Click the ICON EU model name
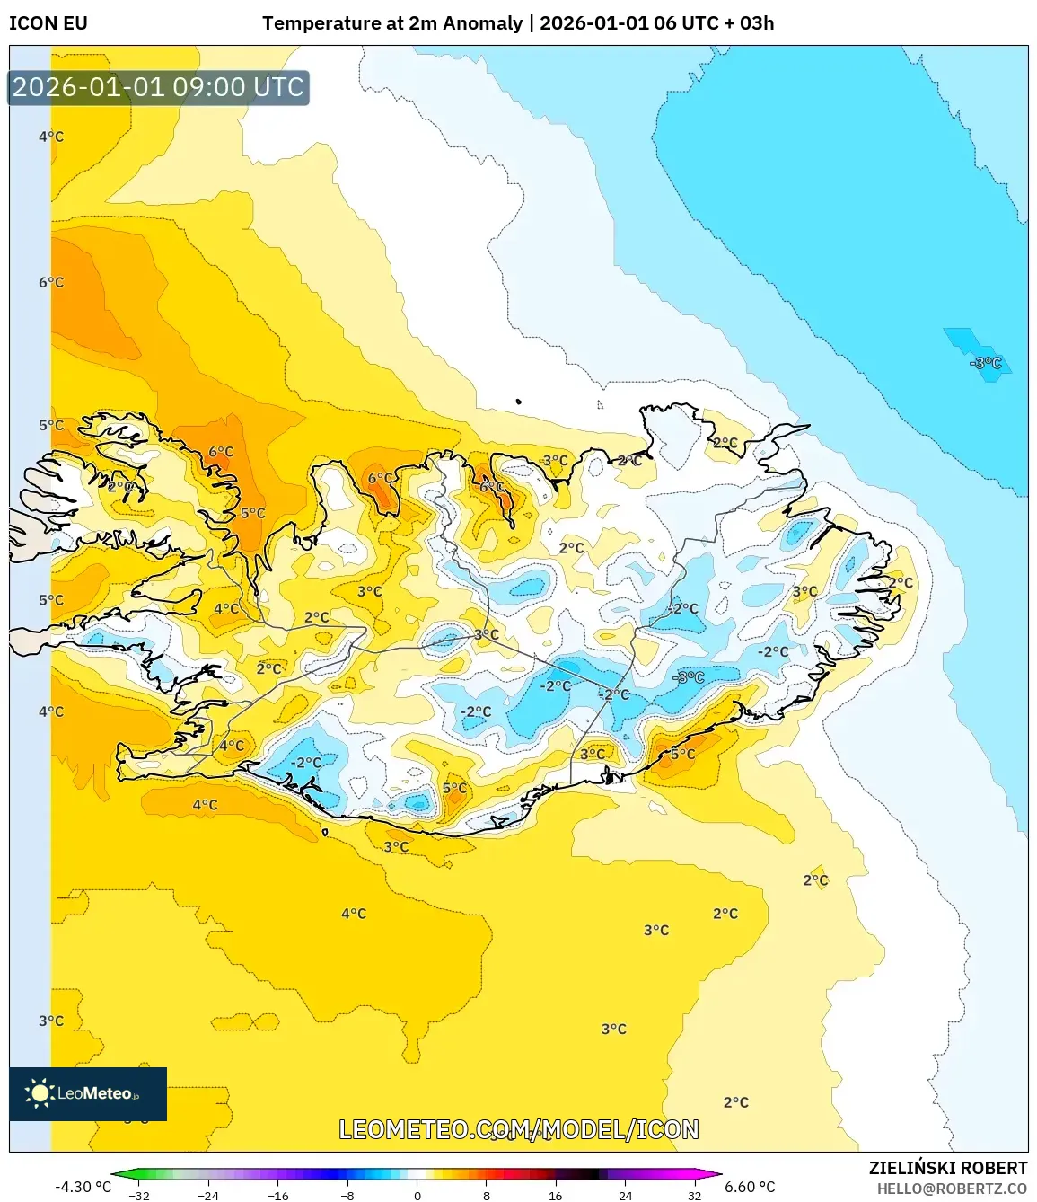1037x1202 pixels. (48, 23)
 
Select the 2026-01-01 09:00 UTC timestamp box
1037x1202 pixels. (158, 88)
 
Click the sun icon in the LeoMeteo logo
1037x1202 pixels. (40, 1093)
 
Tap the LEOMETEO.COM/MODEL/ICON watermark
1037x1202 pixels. (518, 1129)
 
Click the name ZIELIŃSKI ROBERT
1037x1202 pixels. (947, 1168)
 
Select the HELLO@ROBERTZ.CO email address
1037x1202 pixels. (952, 1189)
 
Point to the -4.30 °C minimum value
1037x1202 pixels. (83, 1187)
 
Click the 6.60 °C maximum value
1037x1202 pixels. (750, 1187)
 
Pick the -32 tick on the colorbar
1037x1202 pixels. (139, 1196)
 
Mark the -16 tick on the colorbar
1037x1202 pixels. (278, 1196)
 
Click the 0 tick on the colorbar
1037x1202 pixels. (417, 1196)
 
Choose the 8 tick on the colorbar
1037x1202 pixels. (487, 1196)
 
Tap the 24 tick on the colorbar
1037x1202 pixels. (626, 1196)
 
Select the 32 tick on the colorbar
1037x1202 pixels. (695, 1196)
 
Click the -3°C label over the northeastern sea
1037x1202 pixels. (985, 363)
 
